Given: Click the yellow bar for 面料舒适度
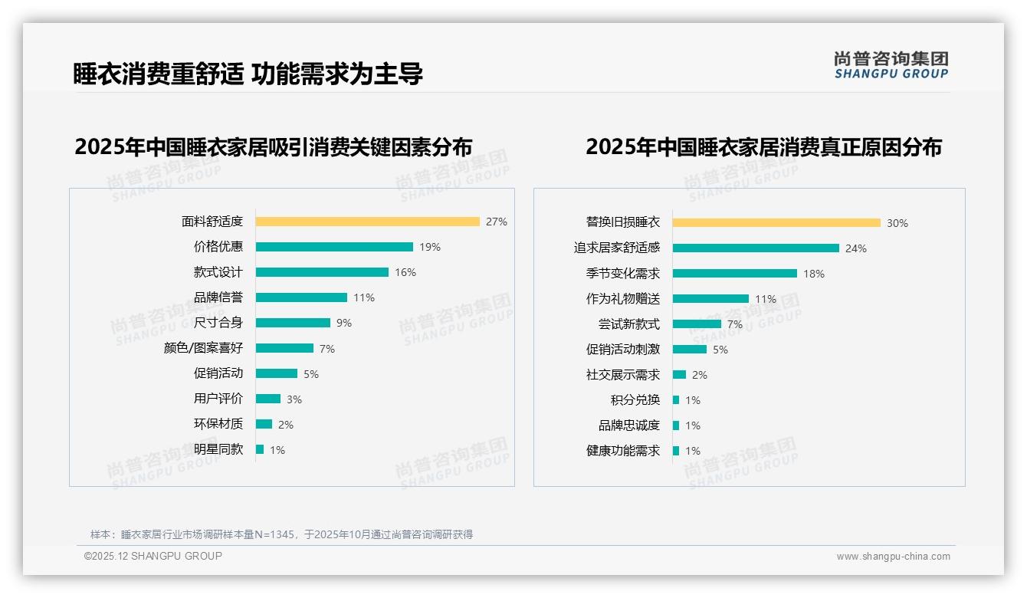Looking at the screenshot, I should [367, 222].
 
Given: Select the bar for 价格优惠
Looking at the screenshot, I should [334, 247].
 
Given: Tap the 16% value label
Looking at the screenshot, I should [405, 272].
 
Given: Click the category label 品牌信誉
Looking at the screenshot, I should [218, 297].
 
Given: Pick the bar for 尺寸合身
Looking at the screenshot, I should [293, 323].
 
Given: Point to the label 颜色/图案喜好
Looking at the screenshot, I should [203, 348].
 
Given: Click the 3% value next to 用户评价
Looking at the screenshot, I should [294, 399].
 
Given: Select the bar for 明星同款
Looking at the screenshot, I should [260, 449].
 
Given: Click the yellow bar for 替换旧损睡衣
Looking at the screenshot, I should [776, 223].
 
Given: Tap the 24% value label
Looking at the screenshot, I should [855, 248].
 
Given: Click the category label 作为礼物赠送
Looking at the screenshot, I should [622, 298].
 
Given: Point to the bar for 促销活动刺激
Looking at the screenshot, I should [689, 350].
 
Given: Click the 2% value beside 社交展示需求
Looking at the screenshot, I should [699, 375].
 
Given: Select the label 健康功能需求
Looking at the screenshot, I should [622, 451].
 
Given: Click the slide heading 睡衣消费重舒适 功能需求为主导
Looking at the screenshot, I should [248, 74].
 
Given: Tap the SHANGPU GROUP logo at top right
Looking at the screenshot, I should [891, 65].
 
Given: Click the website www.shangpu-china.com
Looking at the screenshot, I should [893, 557].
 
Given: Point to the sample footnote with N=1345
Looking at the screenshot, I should [281, 534].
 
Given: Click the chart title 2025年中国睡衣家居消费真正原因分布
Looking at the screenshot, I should [763, 146].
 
